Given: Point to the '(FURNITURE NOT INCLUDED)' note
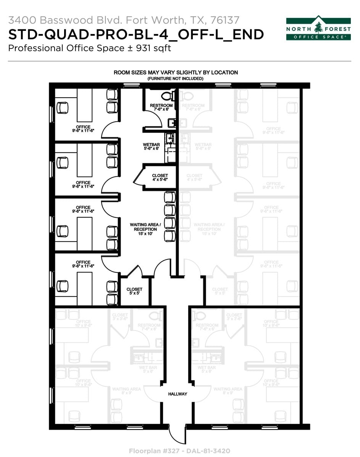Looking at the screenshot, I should coord(176,78).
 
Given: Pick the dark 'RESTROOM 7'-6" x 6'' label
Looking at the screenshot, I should coord(161,107).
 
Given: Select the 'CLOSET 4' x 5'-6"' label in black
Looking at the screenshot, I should coord(160,177).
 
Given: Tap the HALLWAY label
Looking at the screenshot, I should coord(178,394).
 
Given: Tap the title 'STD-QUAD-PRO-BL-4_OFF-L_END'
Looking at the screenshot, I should coord(136,34).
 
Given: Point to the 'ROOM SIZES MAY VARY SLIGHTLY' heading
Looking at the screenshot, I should coord(176,72).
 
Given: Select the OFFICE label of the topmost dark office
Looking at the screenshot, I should coord(83,127).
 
